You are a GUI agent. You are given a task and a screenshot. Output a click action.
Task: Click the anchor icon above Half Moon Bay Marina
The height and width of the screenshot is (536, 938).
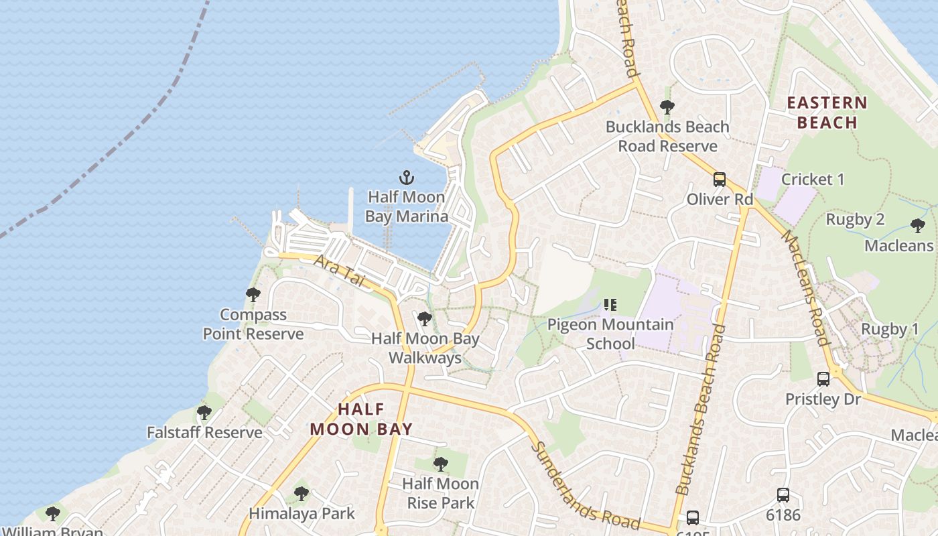point(407,178)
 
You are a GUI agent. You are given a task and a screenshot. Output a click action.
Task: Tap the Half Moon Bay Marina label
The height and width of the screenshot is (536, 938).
point(407,206)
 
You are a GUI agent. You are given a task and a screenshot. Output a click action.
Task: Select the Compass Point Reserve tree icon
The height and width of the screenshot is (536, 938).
point(253,295)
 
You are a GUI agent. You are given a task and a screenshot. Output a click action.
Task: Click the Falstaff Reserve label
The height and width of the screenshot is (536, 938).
point(204,432)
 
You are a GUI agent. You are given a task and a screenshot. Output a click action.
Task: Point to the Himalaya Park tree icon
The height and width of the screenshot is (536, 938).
point(301,494)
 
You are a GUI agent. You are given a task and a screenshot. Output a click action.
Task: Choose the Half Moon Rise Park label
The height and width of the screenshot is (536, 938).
point(440,493)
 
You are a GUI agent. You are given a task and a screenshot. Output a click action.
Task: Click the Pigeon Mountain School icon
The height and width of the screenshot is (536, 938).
point(610,305)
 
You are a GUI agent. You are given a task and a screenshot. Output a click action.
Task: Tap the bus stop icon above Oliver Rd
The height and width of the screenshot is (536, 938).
point(720,180)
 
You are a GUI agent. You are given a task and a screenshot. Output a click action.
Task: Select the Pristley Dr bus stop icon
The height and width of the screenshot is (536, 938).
point(823,379)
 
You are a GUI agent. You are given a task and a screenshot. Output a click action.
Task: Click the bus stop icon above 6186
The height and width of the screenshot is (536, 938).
point(783,495)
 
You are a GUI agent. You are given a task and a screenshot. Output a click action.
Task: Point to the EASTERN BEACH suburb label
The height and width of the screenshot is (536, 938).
point(827,113)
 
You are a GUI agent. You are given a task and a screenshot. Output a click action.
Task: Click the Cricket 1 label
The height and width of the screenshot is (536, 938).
point(813,179)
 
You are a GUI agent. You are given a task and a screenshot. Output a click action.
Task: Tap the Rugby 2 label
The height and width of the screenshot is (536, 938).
point(855,219)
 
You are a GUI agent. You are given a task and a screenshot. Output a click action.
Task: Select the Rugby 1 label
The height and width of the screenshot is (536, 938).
point(890,329)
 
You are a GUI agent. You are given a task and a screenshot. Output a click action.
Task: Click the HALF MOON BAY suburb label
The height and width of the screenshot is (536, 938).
point(361,419)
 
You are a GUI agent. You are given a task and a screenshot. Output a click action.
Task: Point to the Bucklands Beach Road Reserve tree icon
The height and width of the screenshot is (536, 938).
point(667,107)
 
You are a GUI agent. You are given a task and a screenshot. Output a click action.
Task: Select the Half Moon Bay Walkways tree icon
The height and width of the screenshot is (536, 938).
point(424,319)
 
